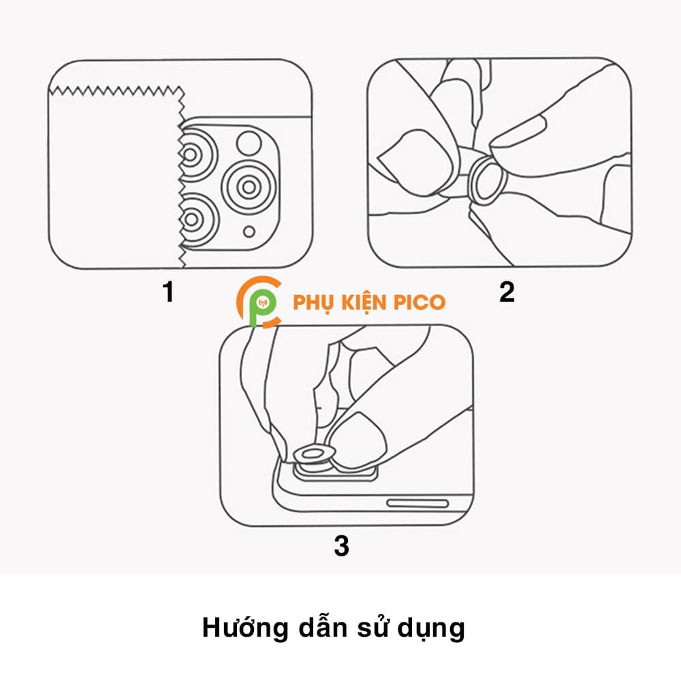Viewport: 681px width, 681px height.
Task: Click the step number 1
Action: pos(168,292)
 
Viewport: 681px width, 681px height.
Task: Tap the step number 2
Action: pos(507,292)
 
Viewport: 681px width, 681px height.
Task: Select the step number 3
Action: pos(342,545)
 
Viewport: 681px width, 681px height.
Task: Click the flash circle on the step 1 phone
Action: pos(247,142)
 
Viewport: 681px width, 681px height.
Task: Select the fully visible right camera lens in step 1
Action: pos(249,185)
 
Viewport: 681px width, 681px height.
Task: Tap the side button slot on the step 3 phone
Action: pos(417,504)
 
